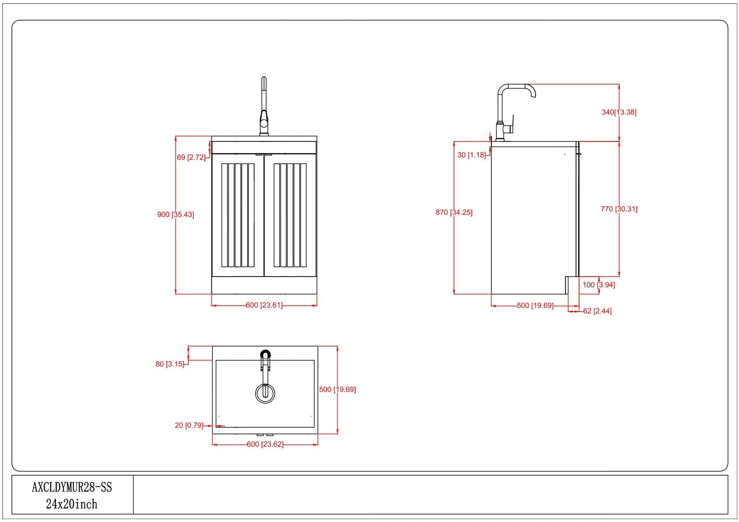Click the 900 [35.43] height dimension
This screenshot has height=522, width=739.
[x=176, y=215]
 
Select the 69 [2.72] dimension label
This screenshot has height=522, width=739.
[x=191, y=157]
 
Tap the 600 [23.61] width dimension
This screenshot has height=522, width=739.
[x=264, y=305]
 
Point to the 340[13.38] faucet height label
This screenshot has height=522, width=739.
[x=619, y=112]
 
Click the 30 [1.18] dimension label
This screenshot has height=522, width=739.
[x=472, y=155]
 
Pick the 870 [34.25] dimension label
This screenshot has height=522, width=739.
[x=454, y=213]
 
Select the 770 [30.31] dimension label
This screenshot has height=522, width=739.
[x=619, y=209]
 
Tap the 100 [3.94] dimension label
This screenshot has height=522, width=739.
[x=599, y=285]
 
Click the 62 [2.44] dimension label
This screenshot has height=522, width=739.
[x=597, y=311]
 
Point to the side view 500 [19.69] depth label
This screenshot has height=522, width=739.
[x=535, y=306]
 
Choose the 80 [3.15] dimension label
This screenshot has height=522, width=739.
[x=170, y=364]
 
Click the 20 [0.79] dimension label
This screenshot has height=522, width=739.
[x=189, y=426]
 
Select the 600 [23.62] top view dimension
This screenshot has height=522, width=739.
[x=265, y=444]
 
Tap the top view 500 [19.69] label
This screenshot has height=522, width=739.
[x=337, y=390]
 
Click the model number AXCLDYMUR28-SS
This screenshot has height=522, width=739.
[x=72, y=487]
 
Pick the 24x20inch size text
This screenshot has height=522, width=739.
[x=72, y=504]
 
